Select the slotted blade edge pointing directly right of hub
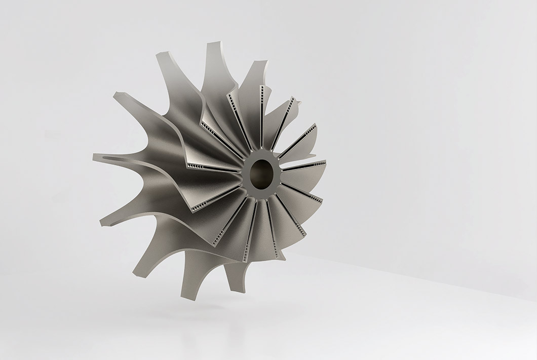304,165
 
